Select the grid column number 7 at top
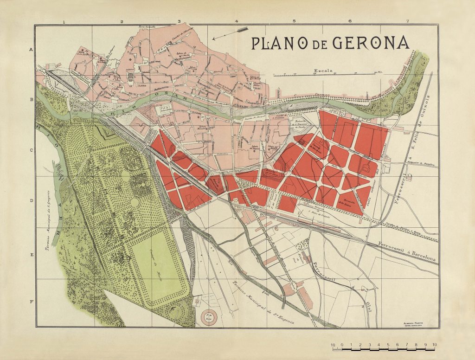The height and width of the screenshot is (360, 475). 407,21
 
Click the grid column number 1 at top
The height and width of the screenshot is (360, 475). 64,21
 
